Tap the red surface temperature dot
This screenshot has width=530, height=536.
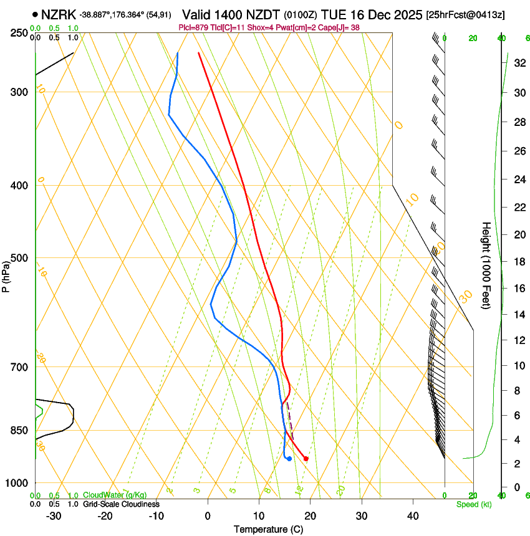tap(306, 459)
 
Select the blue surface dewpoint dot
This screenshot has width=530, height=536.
tap(289, 459)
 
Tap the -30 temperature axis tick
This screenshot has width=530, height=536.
tap(54, 515)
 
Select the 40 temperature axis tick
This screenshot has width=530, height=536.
tap(413, 515)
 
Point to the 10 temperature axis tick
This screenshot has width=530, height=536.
tap(259, 515)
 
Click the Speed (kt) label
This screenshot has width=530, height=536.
tap(473, 504)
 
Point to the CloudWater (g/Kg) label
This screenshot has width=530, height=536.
tap(115, 495)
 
